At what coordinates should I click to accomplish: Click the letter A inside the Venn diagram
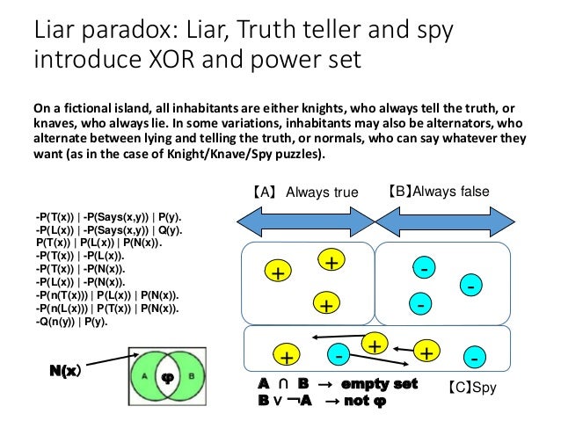[143, 375]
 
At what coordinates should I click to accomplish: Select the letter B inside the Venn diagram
[193, 375]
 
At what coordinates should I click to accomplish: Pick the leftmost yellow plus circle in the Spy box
[286, 356]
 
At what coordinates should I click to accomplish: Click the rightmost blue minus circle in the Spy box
[475, 359]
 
